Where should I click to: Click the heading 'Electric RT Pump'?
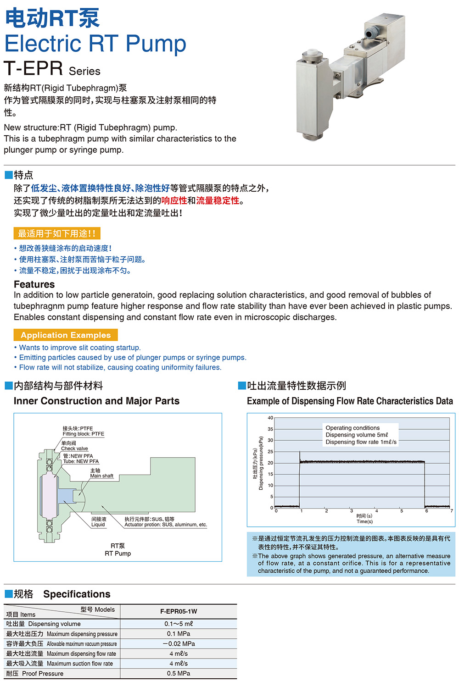point(95,44)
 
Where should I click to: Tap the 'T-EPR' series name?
point(34,69)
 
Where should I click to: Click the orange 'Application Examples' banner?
point(66,335)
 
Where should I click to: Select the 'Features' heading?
point(34,284)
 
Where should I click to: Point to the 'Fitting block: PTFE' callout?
point(84,434)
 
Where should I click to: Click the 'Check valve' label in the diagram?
point(74,448)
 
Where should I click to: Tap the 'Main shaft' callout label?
point(101,476)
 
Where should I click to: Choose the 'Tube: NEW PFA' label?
point(81,461)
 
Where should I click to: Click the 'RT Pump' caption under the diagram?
point(118,554)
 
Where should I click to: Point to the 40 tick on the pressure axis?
point(270,418)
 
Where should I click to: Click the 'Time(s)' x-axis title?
point(364,521)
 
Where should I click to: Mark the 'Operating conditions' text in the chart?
point(353,428)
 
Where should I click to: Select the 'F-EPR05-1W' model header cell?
point(179,611)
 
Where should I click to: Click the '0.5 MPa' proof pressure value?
point(179,673)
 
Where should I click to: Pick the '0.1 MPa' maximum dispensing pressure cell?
point(179,634)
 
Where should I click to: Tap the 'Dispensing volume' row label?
point(54,624)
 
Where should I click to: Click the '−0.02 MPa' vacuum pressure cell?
point(179,644)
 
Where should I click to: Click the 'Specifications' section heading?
point(77,594)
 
